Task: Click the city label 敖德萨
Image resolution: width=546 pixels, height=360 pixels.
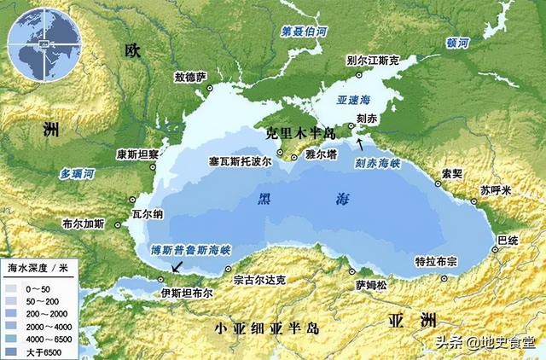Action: click(191, 77)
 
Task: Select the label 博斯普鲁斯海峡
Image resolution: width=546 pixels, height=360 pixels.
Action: click(190, 252)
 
